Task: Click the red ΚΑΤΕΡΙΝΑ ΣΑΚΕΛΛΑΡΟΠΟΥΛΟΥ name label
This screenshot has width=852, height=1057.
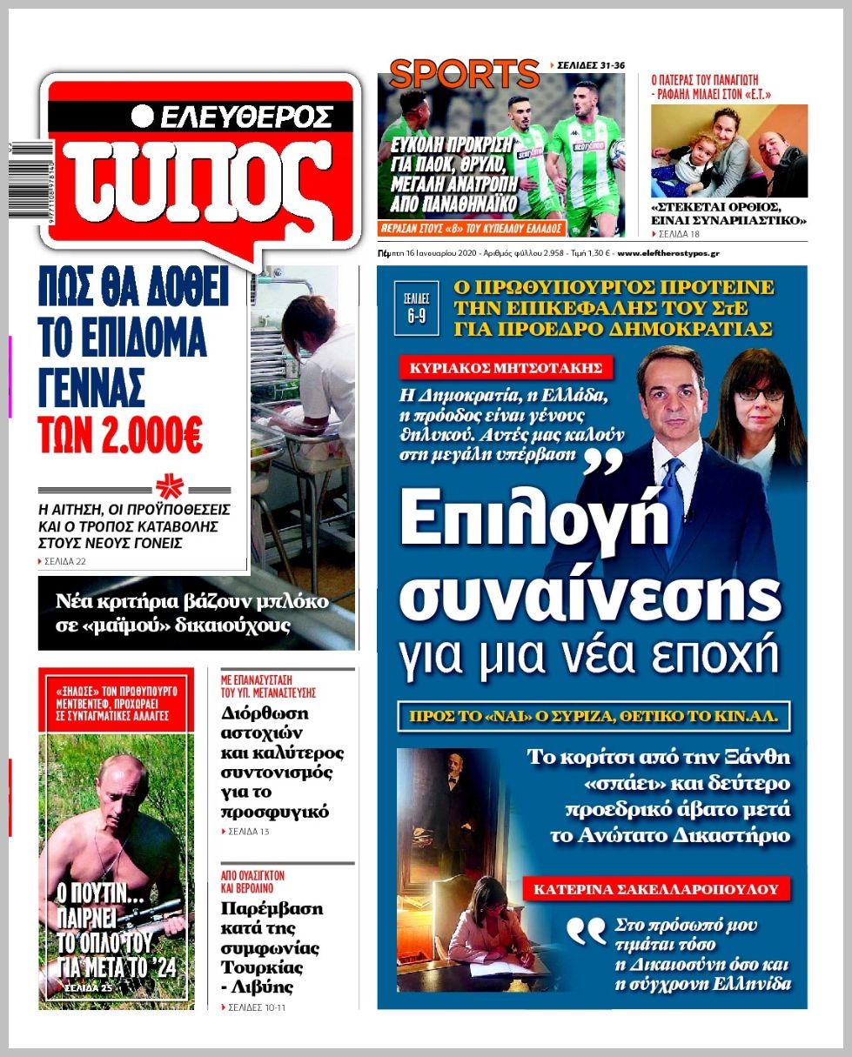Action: (656, 888)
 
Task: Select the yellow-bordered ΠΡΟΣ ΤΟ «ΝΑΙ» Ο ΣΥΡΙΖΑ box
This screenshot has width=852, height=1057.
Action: (594, 718)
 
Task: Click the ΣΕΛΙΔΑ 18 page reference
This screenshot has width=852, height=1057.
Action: (680, 234)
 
